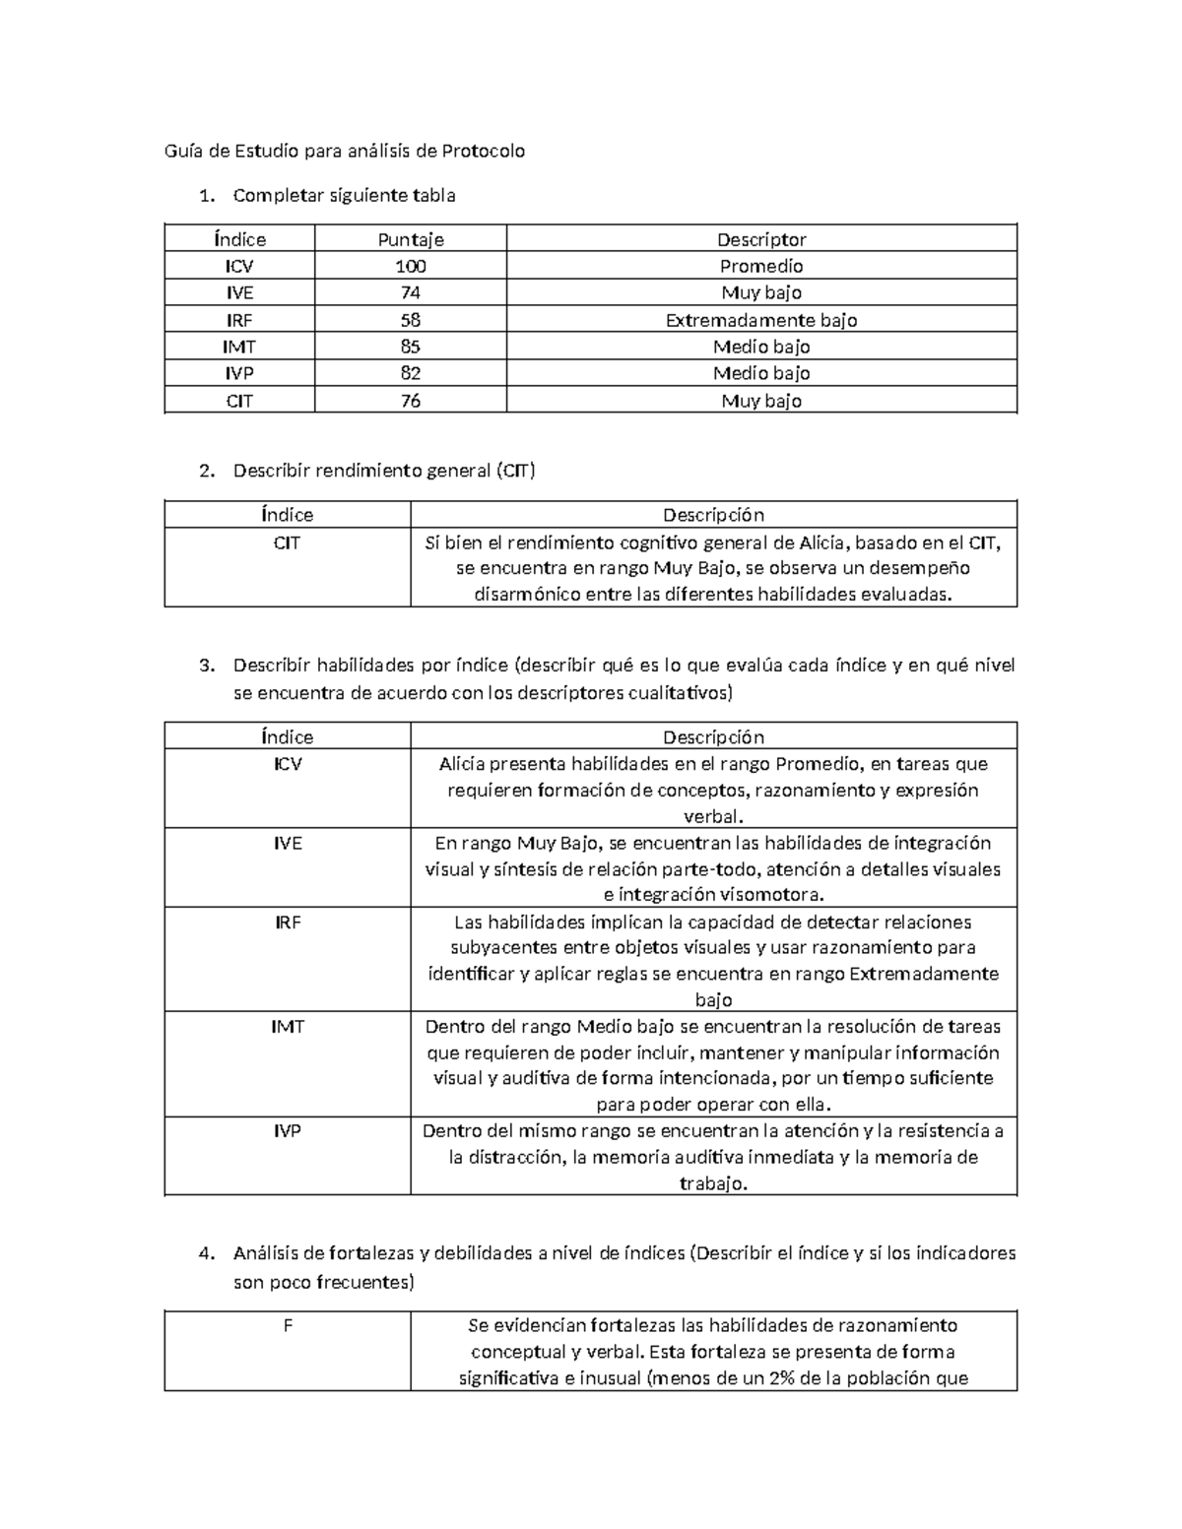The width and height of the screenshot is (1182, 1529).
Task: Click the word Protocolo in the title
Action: pos(483,151)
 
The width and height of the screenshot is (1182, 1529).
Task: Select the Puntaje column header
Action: pos(411,239)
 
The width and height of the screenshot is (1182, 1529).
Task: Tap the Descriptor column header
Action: pos(761,239)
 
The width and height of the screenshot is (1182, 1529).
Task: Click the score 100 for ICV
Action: pos(411,266)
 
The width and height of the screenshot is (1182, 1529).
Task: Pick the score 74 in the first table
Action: pos(411,292)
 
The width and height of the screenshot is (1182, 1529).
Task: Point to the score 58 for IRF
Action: pos(411,320)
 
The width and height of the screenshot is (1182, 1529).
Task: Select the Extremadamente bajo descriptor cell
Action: pos(761,320)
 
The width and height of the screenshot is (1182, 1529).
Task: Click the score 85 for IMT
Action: pos(411,347)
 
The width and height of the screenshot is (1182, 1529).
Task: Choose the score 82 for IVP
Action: pos(411,373)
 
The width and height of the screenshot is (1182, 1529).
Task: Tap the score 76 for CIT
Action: pos(411,401)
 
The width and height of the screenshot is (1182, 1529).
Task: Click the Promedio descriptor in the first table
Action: pos(761,266)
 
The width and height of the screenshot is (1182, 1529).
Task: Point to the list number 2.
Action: pos(205,471)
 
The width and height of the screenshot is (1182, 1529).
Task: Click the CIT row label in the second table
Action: pos(288,542)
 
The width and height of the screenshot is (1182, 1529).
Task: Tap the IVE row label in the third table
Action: pos(288,843)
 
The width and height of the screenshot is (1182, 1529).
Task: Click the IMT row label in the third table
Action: pos(288,1026)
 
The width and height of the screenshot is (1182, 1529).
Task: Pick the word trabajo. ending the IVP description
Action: pos(714,1183)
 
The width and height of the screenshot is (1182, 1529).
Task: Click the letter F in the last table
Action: pos(288,1325)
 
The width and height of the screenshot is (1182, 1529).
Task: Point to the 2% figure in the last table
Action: pos(781,1378)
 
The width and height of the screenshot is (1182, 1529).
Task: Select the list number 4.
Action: pos(205,1253)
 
